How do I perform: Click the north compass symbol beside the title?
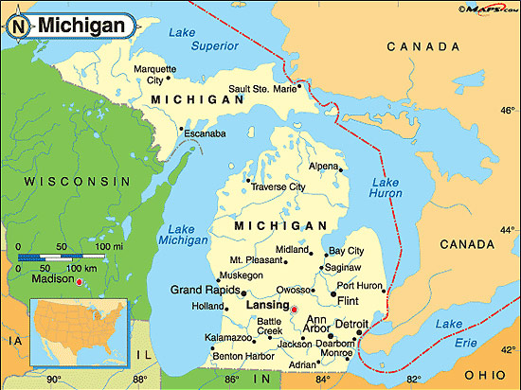tap(20, 26)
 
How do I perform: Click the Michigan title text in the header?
tap(81, 26)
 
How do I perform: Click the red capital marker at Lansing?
tap(294, 310)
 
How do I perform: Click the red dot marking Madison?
tap(81, 281)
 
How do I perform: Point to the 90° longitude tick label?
tap(54, 381)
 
